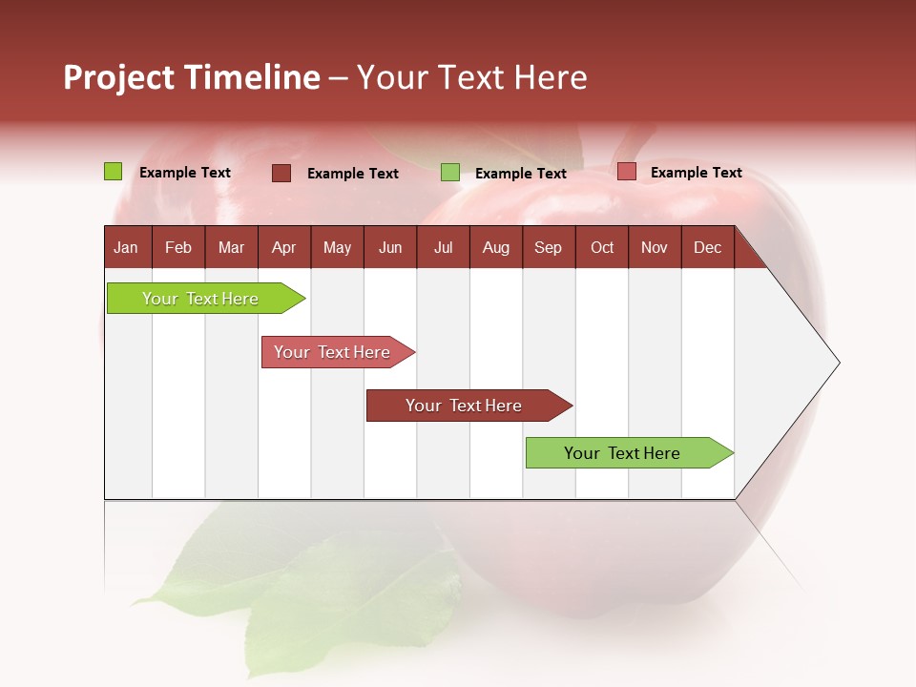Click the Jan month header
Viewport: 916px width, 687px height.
(x=127, y=247)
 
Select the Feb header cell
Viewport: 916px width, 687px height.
(x=178, y=247)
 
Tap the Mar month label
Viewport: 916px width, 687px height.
(x=231, y=247)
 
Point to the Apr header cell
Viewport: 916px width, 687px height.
(x=284, y=247)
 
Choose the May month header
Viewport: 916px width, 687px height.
(x=337, y=247)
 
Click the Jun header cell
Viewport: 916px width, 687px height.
(x=390, y=247)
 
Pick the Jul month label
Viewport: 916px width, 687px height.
(x=443, y=247)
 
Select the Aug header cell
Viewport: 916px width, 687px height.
(x=496, y=247)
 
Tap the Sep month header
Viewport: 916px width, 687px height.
(x=549, y=247)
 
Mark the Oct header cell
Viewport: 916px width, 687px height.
(x=602, y=247)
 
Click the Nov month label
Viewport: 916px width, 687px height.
(x=655, y=247)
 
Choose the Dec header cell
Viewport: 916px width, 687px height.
(x=708, y=247)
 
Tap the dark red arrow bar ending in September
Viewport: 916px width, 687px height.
(x=465, y=406)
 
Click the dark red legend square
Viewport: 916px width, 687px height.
(x=281, y=173)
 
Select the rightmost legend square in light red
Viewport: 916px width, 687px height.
(x=626, y=172)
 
